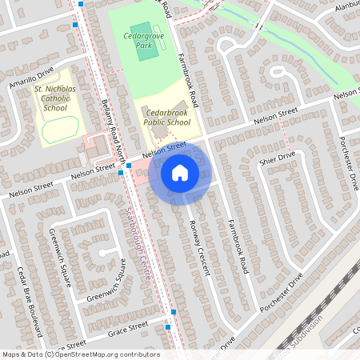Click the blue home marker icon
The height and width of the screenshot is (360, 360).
click(x=180, y=172)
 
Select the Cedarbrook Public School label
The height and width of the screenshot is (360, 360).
click(x=166, y=118)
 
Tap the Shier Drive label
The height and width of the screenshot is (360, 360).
click(x=278, y=160)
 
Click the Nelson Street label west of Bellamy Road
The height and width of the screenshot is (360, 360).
click(x=94, y=172)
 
